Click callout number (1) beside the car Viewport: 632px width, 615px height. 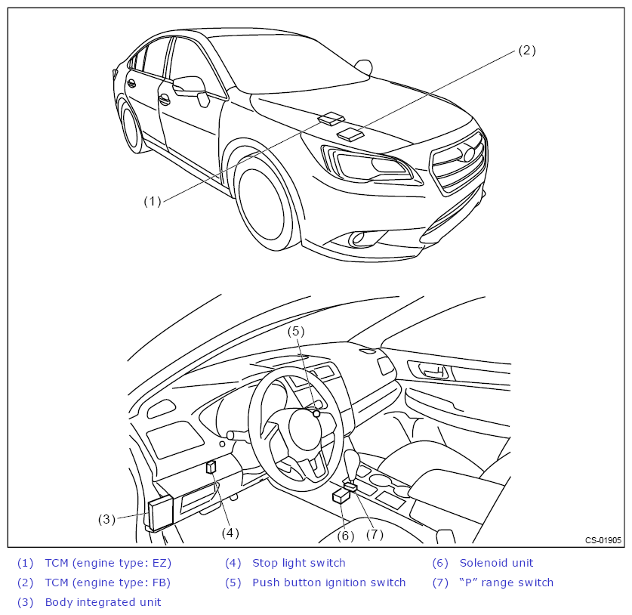coord(153,201)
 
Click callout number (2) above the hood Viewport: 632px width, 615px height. coord(526,51)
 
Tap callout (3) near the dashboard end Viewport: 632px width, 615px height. coord(106,519)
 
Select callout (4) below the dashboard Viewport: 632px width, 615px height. coord(230,533)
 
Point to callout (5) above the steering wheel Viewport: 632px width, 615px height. coord(297,331)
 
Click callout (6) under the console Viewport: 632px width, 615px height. coord(345,536)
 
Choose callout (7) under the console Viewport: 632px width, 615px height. coord(375,534)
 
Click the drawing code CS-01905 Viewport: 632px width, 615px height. coord(603,540)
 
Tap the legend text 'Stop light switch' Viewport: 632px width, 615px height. coord(298,563)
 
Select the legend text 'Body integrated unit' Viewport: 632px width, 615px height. coord(103,602)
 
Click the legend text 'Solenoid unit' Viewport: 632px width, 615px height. coord(496,563)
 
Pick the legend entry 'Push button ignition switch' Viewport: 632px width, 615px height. coord(328,583)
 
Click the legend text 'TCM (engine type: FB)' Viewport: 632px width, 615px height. coord(108,583)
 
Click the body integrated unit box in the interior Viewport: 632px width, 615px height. coord(161,513)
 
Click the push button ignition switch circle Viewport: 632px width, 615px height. coord(316,414)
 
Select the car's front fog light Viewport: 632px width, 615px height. coord(357,239)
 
